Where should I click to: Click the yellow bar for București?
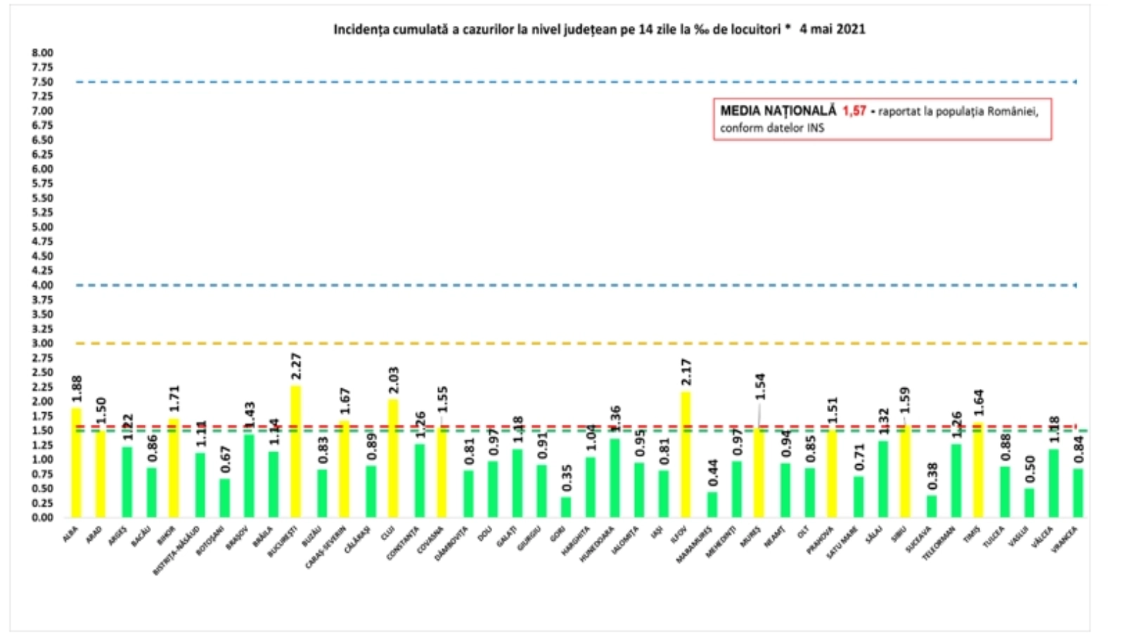coord(295,451)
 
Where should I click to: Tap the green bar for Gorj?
coord(565,507)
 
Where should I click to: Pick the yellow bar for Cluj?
coord(393,458)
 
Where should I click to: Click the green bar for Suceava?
coord(931,506)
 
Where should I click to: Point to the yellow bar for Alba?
coord(76,462)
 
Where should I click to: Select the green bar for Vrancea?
coord(1078,493)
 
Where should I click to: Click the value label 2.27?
coord(295,366)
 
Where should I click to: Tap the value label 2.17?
coord(686,372)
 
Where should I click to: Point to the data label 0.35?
coord(566,478)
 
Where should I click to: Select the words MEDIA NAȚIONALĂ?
coord(778,111)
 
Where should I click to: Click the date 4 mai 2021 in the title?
coord(832,30)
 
